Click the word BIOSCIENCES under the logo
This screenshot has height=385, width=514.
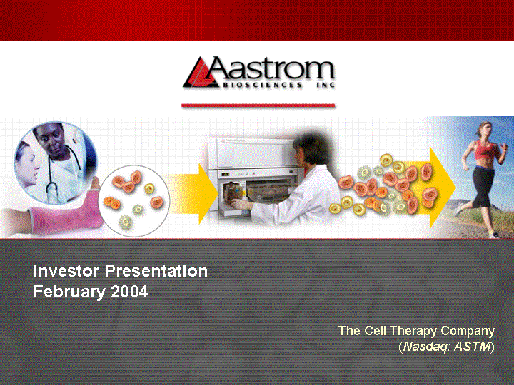[262, 85]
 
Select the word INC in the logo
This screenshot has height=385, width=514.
[326, 85]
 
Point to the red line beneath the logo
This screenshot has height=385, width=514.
[258, 106]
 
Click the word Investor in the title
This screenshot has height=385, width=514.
[66, 271]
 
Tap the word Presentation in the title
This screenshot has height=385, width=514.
[156, 271]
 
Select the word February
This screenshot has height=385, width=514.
[69, 292]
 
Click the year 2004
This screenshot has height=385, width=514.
[129, 292]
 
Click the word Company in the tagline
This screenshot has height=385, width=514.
[468, 331]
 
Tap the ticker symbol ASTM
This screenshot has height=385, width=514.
[473, 346]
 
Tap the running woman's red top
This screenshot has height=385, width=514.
[485, 150]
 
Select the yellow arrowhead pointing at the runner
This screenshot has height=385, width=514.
[443, 188]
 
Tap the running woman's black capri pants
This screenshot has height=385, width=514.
[483, 187]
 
